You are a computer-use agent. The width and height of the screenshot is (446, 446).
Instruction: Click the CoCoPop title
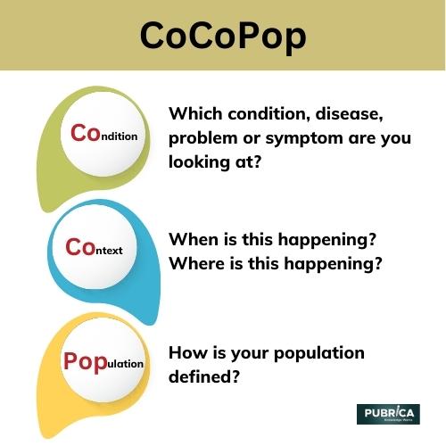pos(223,36)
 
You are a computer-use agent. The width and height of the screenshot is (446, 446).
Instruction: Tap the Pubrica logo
pos(387,415)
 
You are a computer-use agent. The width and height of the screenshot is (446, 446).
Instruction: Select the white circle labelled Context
pos(94,248)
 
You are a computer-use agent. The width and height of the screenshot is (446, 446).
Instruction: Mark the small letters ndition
pos(118,136)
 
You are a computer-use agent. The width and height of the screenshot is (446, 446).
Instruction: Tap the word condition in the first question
pos(274,114)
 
